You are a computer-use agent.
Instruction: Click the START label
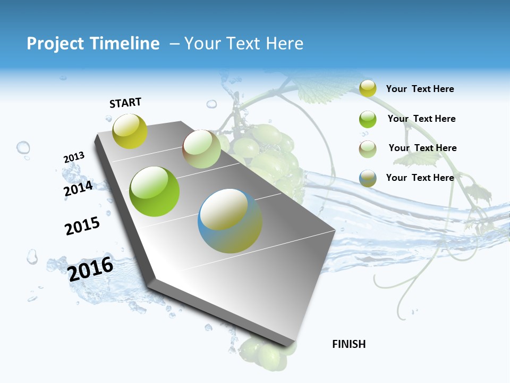click(125, 103)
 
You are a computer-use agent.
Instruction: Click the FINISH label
click(349, 344)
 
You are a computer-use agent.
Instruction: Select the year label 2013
click(74, 157)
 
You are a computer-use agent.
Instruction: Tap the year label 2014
click(78, 189)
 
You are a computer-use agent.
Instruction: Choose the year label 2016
click(90, 269)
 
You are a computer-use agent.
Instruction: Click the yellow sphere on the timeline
click(130, 131)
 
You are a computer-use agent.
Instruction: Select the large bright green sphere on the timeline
click(155, 191)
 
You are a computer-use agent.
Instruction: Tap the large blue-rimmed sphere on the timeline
click(230, 221)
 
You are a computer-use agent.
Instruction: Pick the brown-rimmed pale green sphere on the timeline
click(201, 149)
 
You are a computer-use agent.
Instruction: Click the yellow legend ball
click(368, 88)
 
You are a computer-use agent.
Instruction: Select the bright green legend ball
click(368, 119)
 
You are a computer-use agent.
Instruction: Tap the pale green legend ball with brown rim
click(368, 148)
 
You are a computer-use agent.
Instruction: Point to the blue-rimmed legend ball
click(368, 178)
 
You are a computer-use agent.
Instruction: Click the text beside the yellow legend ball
click(420, 89)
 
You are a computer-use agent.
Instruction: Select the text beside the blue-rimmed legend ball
click(420, 178)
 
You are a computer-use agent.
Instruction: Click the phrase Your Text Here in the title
click(244, 44)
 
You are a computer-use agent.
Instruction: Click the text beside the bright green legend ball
click(421, 119)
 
